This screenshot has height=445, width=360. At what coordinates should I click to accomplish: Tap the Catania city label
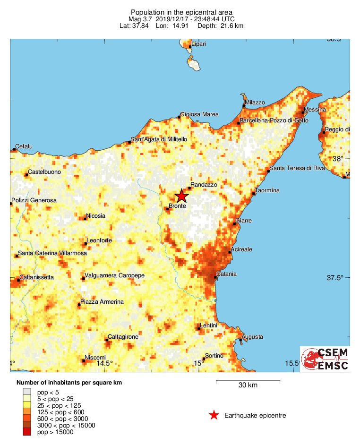[x=226, y=274]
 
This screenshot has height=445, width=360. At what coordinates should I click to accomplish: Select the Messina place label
[x=315, y=110]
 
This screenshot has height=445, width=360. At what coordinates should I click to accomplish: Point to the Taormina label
[x=267, y=190]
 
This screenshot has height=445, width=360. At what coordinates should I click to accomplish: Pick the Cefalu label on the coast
[x=24, y=146]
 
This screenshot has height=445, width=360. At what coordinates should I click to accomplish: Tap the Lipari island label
[x=198, y=44]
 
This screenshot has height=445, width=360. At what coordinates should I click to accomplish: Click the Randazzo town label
[x=204, y=185]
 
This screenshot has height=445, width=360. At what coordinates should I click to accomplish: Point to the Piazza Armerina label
[x=102, y=302]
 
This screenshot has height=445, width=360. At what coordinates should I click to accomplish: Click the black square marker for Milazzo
[x=244, y=106]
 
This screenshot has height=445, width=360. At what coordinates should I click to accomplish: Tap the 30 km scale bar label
[x=248, y=385]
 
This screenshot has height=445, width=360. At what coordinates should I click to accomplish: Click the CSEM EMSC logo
[x=325, y=359]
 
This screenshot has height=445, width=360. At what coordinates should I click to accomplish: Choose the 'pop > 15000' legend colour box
[x=27, y=432]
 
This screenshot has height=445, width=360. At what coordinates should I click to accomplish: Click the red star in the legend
[x=214, y=415]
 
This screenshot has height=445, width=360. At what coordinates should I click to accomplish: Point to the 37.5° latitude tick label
[x=334, y=277]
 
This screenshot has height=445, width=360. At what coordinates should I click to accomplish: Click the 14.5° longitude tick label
[x=104, y=363]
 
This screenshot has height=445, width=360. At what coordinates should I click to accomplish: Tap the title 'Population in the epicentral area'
[x=181, y=12]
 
